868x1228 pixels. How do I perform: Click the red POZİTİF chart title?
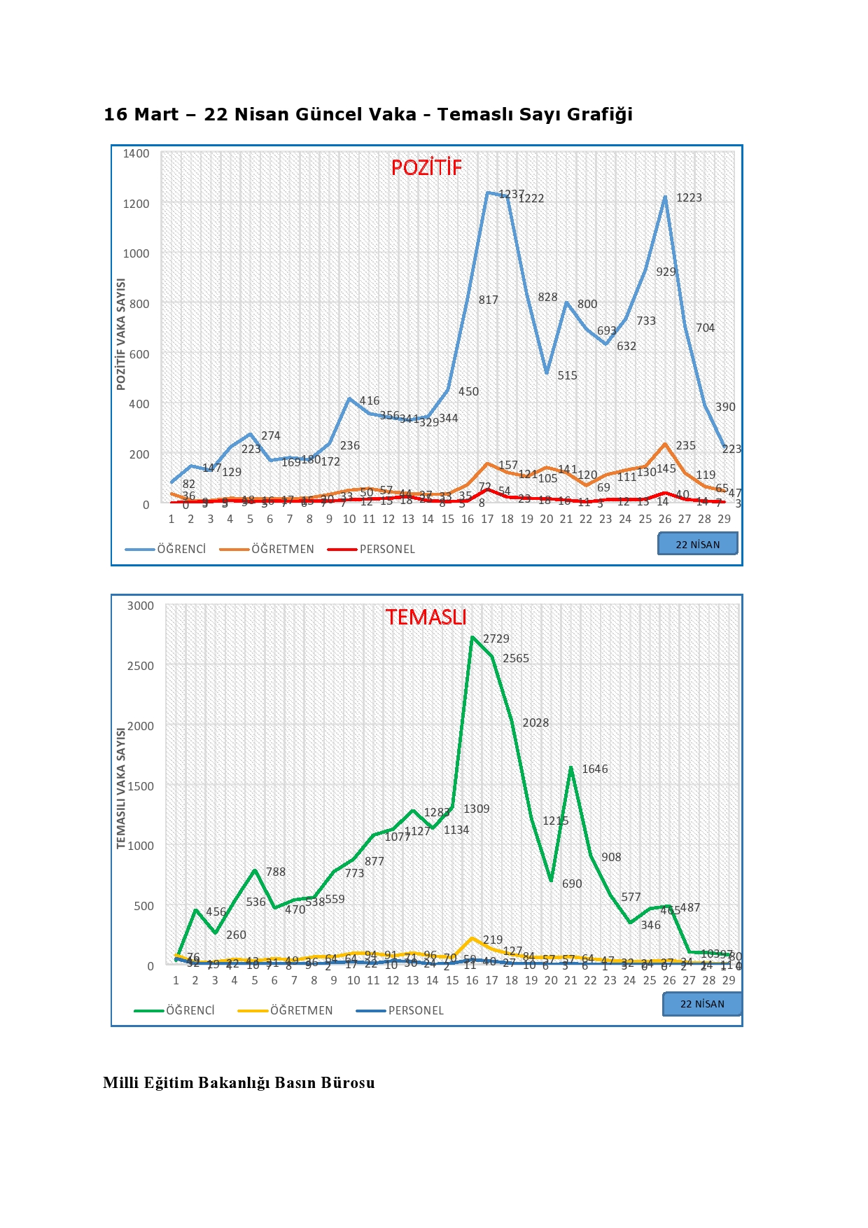426,167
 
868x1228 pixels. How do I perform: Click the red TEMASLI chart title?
426,617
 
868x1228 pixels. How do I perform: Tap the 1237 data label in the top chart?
511,194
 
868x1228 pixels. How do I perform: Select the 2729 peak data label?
496,639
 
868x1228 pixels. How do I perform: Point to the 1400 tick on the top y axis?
136,153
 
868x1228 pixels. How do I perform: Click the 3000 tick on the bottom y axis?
140,606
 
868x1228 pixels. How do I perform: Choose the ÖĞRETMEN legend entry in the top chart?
282,549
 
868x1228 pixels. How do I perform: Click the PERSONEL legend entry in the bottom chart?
416,1010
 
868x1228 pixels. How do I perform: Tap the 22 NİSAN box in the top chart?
697,544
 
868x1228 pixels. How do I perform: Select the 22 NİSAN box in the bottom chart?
702,1003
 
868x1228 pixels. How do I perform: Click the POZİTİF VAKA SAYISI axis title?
121,334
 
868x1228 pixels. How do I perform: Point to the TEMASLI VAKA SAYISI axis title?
121,788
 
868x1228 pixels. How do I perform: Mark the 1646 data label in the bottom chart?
594,769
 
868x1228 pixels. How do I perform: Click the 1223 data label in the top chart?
689,197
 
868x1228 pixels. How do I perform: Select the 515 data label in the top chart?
567,375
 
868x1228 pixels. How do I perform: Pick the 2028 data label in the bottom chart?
535,723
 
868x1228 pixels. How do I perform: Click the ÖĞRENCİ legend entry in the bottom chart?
190,1010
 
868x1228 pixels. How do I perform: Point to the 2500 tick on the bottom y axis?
140,666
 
